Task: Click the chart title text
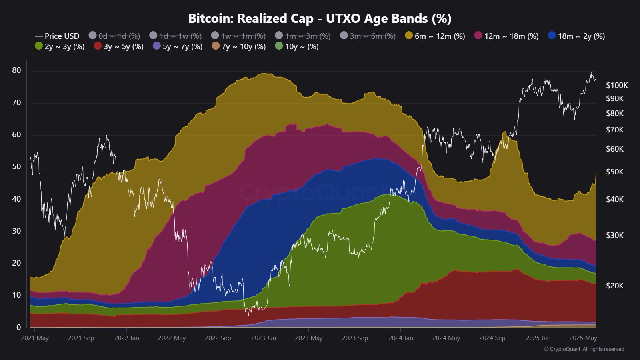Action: (x=320, y=18)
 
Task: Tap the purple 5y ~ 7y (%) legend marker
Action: (x=157, y=46)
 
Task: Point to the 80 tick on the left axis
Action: (x=16, y=70)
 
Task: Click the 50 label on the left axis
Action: (x=16, y=167)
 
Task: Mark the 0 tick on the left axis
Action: (x=18, y=327)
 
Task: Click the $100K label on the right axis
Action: (x=617, y=85)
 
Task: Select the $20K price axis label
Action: (x=615, y=286)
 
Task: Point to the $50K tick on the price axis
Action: (x=615, y=172)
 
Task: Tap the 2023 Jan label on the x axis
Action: (x=264, y=338)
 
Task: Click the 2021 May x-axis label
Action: (x=35, y=338)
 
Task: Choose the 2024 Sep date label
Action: (x=492, y=338)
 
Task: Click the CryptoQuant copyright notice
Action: (x=584, y=349)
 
